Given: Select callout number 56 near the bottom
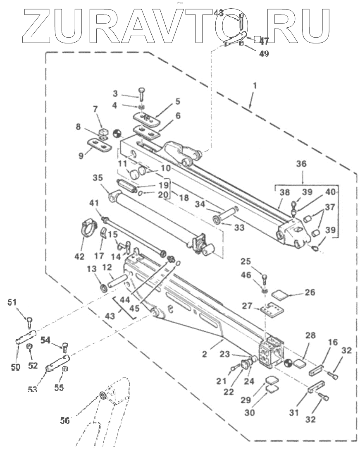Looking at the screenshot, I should pyautogui.click(x=64, y=420).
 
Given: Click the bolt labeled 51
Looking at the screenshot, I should pyautogui.click(x=29, y=321).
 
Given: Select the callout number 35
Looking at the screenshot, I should pyautogui.click(x=98, y=178).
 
